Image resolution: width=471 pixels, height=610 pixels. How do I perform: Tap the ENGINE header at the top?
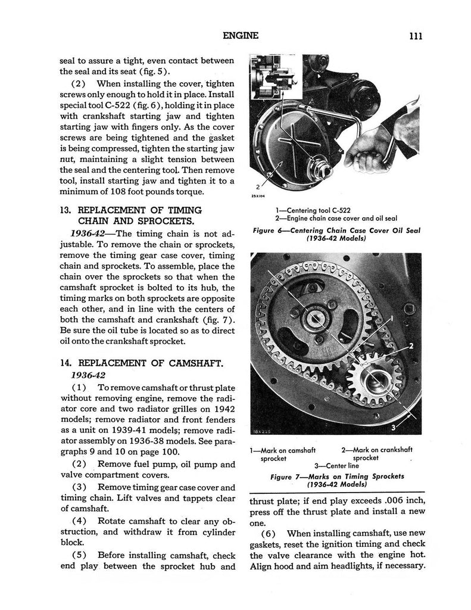tap(240, 36)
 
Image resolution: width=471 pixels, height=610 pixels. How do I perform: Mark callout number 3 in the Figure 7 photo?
tap(394, 427)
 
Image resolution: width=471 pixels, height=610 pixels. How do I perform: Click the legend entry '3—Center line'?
tap(336, 466)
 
